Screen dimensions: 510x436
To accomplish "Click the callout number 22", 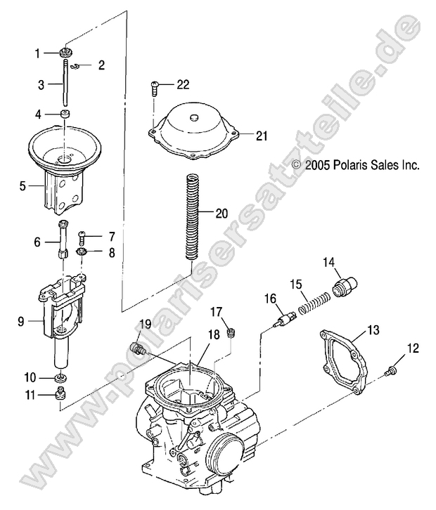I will (x=183, y=85).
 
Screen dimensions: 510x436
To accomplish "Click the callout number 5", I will (x=22, y=187).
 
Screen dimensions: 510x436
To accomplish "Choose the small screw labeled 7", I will (x=83, y=238).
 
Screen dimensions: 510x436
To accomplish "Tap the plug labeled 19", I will (x=138, y=348).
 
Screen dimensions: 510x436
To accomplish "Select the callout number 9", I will (x=22, y=322).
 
